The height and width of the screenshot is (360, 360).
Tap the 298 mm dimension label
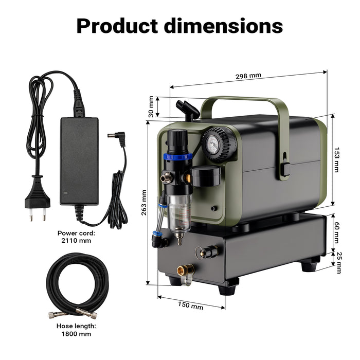click(x=248, y=76)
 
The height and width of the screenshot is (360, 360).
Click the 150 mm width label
click(x=190, y=306)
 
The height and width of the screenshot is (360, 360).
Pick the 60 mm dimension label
click(x=336, y=232)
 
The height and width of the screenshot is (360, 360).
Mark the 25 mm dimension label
click(x=338, y=262)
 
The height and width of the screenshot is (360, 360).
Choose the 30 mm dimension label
click(x=151, y=107)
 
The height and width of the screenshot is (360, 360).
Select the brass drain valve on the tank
click(x=185, y=270)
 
